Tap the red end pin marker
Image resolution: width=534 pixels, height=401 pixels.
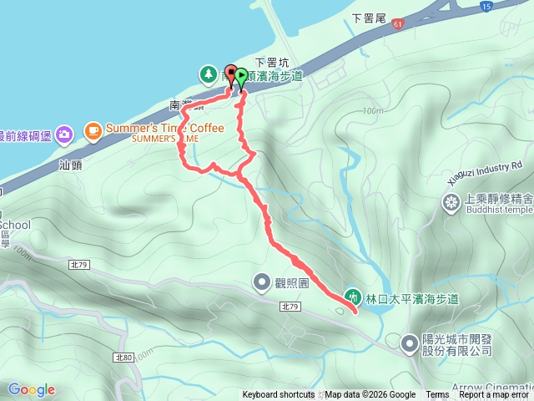[x=232, y=72]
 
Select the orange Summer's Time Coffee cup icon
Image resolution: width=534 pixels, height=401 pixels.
[x=92, y=129]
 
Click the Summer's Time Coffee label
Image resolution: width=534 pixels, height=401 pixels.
[x=164, y=129]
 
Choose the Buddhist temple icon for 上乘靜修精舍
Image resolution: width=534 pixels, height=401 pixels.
[x=451, y=201]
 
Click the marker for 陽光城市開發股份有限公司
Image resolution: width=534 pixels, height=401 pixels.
[x=411, y=343]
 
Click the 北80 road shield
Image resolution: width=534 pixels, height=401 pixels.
[x=123, y=358]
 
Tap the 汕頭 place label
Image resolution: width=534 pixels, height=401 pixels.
[x=71, y=165]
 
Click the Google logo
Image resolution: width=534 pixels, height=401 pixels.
[x=31, y=389]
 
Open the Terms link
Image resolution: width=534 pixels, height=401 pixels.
[x=437, y=395]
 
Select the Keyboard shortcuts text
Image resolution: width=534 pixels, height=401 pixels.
[x=279, y=395]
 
